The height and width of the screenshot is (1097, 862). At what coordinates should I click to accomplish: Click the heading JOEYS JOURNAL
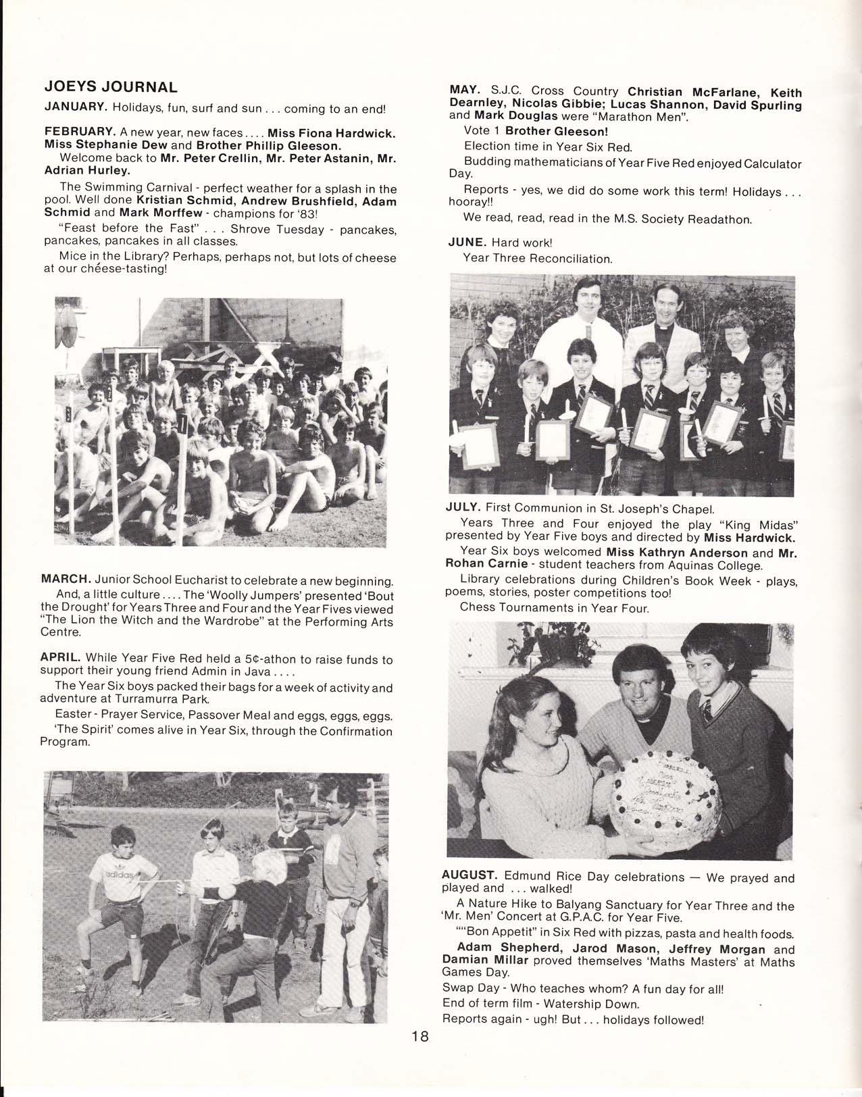coord(111,87)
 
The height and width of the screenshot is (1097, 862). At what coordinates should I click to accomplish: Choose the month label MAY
coord(465,90)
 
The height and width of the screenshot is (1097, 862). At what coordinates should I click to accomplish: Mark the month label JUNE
coord(467,242)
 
